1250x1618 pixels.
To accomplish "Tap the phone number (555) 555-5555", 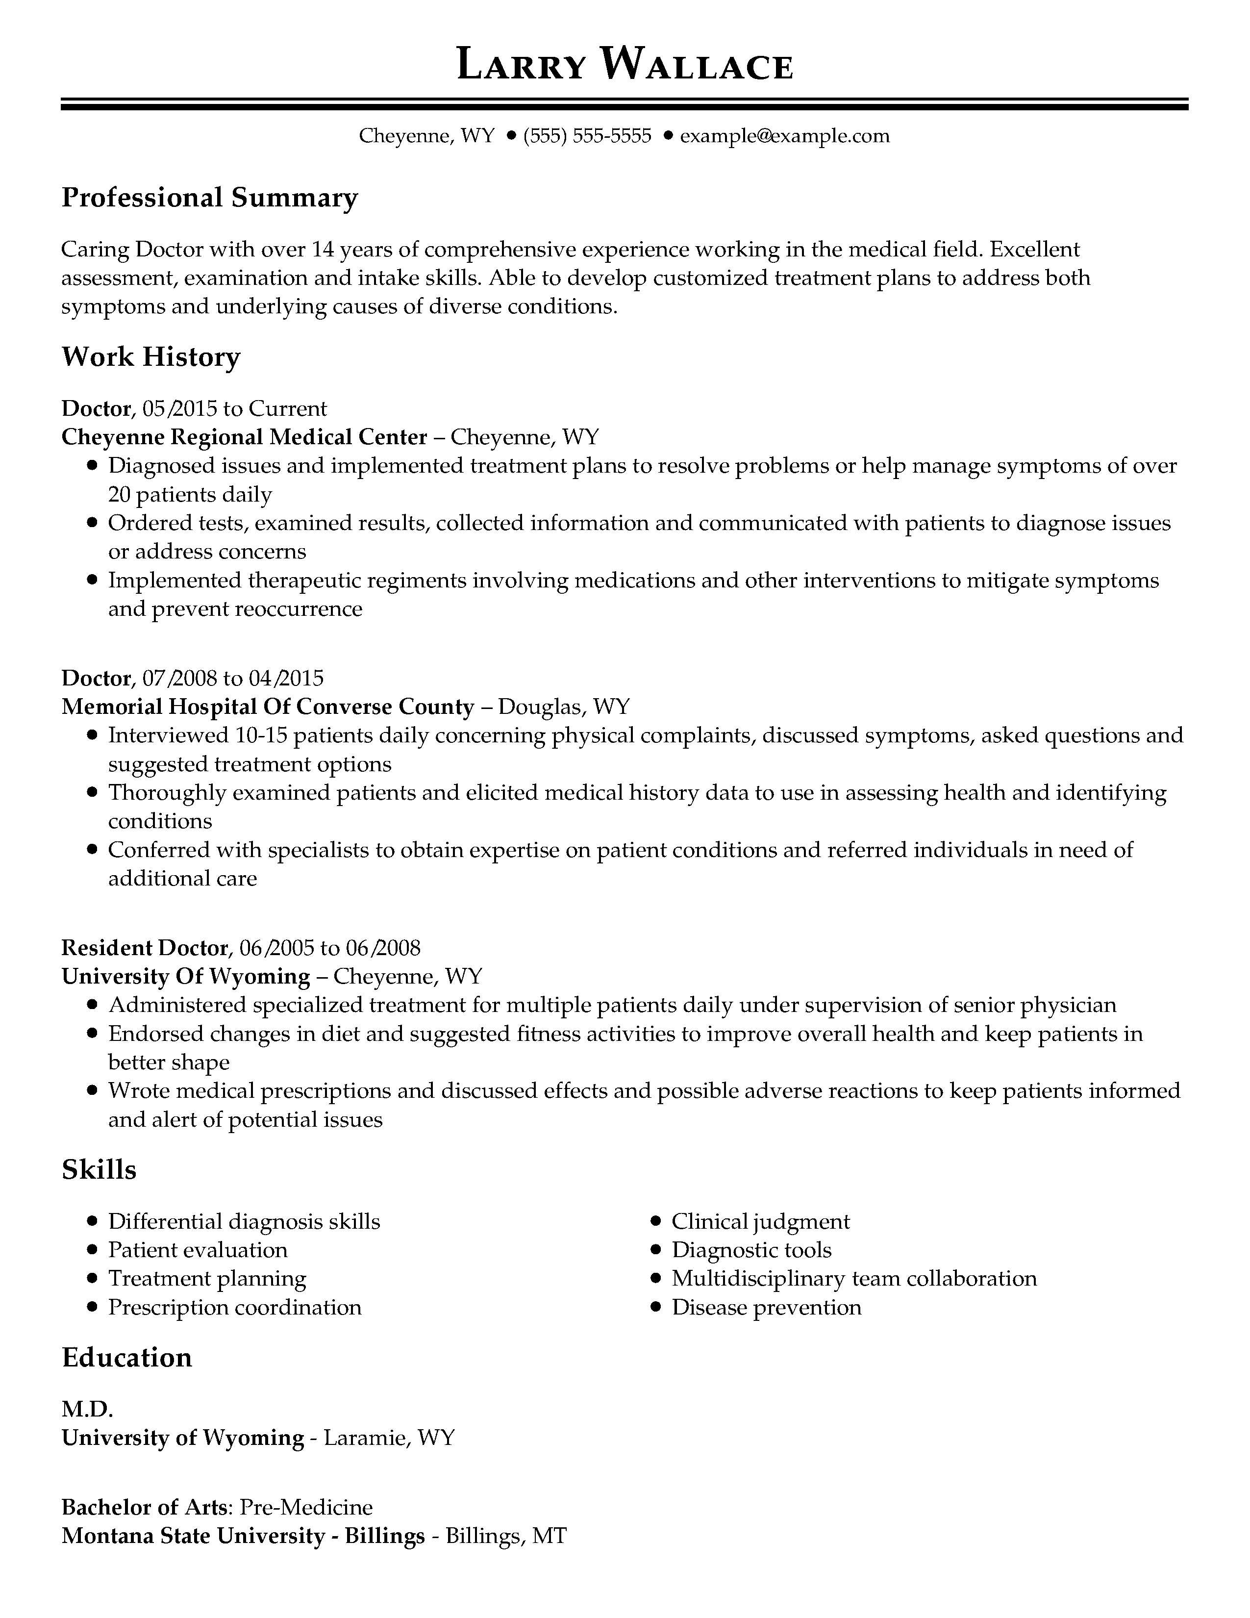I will (587, 136).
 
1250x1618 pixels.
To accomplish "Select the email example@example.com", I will (784, 136).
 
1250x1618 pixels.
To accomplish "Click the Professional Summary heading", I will (210, 198).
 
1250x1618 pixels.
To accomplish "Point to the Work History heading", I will (151, 357).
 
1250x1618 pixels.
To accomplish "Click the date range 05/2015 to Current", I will (235, 409).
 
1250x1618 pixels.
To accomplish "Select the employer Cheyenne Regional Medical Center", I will (245, 437).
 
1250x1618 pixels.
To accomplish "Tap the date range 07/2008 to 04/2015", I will (233, 678).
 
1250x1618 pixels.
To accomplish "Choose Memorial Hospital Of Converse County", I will (267, 707).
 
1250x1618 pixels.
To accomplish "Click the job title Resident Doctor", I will (145, 948).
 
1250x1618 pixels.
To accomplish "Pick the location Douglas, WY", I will (564, 707).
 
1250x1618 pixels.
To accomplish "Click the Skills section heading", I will (99, 1170).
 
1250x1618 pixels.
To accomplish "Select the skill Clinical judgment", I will (760, 1222).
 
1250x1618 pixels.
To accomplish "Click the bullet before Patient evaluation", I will (92, 1251).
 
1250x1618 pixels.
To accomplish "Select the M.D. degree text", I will (87, 1409).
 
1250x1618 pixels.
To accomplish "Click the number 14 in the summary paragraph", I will (323, 250).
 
